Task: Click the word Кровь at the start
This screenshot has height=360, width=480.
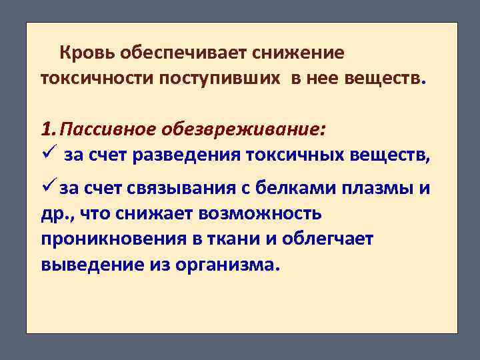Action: [82, 52]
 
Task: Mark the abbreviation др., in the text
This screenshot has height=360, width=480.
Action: [57, 215]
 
